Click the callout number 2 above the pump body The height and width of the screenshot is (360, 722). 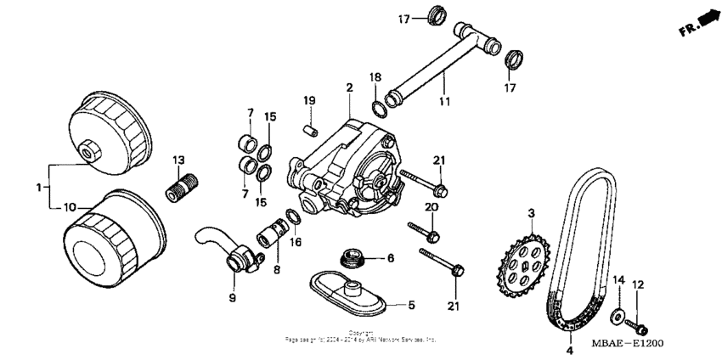coord(348,87)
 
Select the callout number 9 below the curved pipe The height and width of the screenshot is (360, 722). coord(232,297)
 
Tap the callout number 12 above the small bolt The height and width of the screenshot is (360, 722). coord(640,284)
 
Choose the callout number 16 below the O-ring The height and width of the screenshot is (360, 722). coord(296,242)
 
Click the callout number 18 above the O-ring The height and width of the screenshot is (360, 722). coord(375,77)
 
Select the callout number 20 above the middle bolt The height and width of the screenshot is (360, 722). coord(432,206)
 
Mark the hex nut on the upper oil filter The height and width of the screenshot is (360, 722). coord(87,152)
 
